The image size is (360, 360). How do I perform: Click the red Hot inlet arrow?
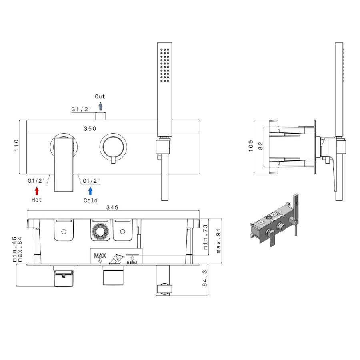pos(37,190)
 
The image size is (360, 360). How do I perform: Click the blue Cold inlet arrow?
pos(90,190)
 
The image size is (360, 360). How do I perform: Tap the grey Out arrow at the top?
pos(100,106)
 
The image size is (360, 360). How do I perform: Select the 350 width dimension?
pos(90,129)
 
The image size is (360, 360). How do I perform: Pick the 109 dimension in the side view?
pos(251,146)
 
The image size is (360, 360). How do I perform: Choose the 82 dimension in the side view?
pos(260,146)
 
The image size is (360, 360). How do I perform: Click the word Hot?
pos(36,200)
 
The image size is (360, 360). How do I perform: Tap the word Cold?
pos(90,200)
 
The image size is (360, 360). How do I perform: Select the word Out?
pos(100,96)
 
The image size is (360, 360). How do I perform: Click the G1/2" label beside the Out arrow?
pos(82,109)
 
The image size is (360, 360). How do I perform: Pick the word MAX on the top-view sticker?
pos(100,255)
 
